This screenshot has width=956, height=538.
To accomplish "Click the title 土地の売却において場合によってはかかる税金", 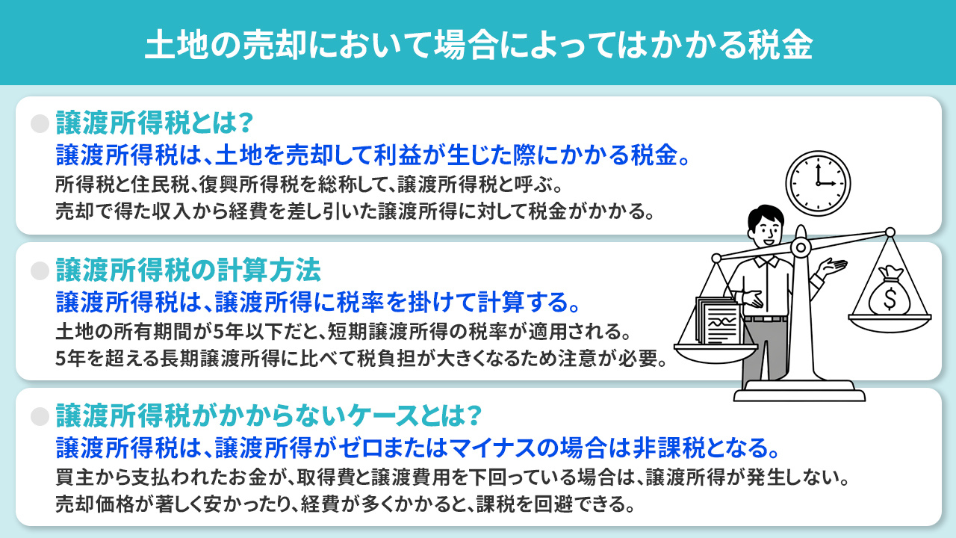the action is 479,45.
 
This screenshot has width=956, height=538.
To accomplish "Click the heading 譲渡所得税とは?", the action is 155,123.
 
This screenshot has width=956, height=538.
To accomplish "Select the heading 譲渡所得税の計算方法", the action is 188,270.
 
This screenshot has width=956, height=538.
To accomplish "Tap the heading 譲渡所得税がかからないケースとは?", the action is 269,416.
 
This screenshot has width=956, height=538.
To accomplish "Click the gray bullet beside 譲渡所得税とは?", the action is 40,124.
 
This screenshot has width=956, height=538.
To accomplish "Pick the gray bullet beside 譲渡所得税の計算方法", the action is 40,270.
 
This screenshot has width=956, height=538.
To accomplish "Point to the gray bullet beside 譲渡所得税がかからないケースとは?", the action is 40,416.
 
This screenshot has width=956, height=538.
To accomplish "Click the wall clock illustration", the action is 818,183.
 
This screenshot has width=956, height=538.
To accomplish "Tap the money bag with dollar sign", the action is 890,291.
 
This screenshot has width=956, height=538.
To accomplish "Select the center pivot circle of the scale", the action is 801,247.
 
